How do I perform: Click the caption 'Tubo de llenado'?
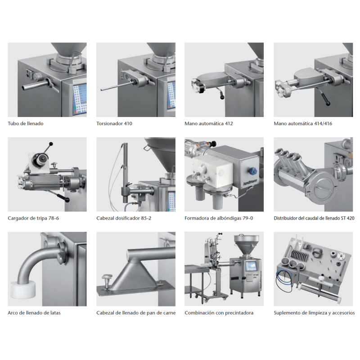(26, 123)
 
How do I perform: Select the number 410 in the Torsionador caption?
(128, 123)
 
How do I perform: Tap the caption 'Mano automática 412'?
(209, 123)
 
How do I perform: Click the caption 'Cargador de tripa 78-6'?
(33, 218)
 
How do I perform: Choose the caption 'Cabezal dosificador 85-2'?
(124, 218)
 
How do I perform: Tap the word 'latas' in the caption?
(55, 313)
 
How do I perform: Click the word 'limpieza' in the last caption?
(316, 313)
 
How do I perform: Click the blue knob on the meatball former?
(253, 171)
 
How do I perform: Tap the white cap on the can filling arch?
(23, 290)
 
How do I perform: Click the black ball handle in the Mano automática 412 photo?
(222, 97)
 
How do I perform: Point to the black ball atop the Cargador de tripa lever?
(51, 144)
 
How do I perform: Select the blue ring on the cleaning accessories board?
(283, 282)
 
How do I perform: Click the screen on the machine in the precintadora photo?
(251, 266)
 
